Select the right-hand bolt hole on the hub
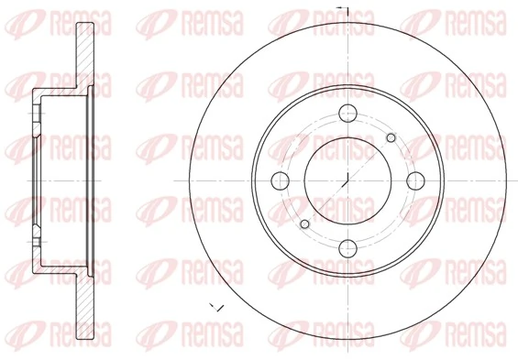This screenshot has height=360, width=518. click(414, 179)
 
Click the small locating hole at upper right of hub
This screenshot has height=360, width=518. click(391, 137)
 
